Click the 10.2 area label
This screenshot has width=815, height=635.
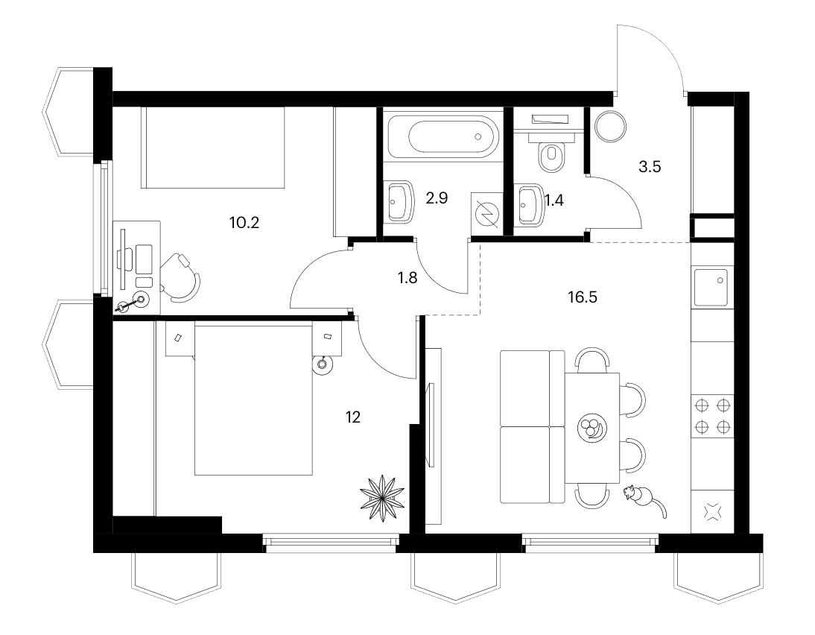pos(244,223)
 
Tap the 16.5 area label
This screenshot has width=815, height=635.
pos(582,297)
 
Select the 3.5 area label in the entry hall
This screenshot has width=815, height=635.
pos(649,167)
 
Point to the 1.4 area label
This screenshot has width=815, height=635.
pos(554,200)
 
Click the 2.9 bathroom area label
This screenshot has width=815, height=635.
pos(437,198)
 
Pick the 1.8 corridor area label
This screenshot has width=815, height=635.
pos(407,278)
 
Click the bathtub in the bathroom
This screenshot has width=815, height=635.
pos(443,137)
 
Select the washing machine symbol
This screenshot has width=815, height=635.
pos(487,211)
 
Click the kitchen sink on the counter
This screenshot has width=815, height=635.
pos(711,288)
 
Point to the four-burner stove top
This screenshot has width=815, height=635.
pos(712,416)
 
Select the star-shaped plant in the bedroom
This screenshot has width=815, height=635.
pos(382,498)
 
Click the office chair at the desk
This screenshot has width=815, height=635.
pos(180,278)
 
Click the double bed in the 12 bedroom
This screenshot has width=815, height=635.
pos(253,398)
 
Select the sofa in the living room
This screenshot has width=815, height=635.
pos(532,426)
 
